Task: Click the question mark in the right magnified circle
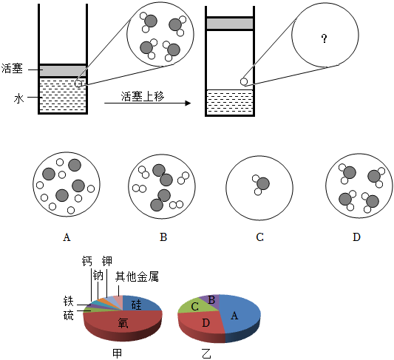click(x=325, y=38)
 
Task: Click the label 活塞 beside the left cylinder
click(x=12, y=68)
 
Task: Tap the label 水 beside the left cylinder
click(x=18, y=98)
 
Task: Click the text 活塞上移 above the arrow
click(x=143, y=96)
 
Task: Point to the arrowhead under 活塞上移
click(x=188, y=103)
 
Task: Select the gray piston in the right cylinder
click(x=230, y=24)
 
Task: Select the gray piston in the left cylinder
click(x=63, y=70)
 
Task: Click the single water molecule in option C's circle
click(x=261, y=185)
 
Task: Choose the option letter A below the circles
click(x=67, y=237)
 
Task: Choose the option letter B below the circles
click(x=163, y=237)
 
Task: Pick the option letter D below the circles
click(x=356, y=237)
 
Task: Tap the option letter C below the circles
click(x=259, y=237)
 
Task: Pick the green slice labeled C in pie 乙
click(x=194, y=306)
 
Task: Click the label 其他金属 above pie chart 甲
click(x=137, y=276)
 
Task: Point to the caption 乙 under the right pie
click(x=206, y=353)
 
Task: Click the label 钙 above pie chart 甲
click(x=87, y=261)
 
